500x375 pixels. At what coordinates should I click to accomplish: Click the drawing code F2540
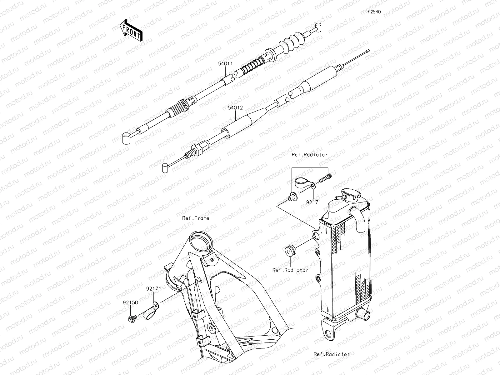point(374,12)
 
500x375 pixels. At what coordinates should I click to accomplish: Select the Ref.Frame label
point(196,218)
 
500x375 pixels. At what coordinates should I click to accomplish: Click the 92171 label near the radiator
point(313,202)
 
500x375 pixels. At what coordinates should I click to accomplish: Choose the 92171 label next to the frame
point(153,289)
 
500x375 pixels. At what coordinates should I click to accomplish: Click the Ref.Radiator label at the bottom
point(332,354)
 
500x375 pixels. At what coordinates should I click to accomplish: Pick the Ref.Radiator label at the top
point(310,155)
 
